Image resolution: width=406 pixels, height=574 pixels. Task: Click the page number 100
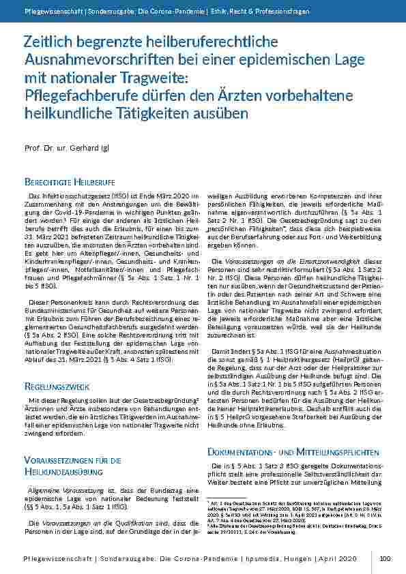[x=385, y=558]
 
